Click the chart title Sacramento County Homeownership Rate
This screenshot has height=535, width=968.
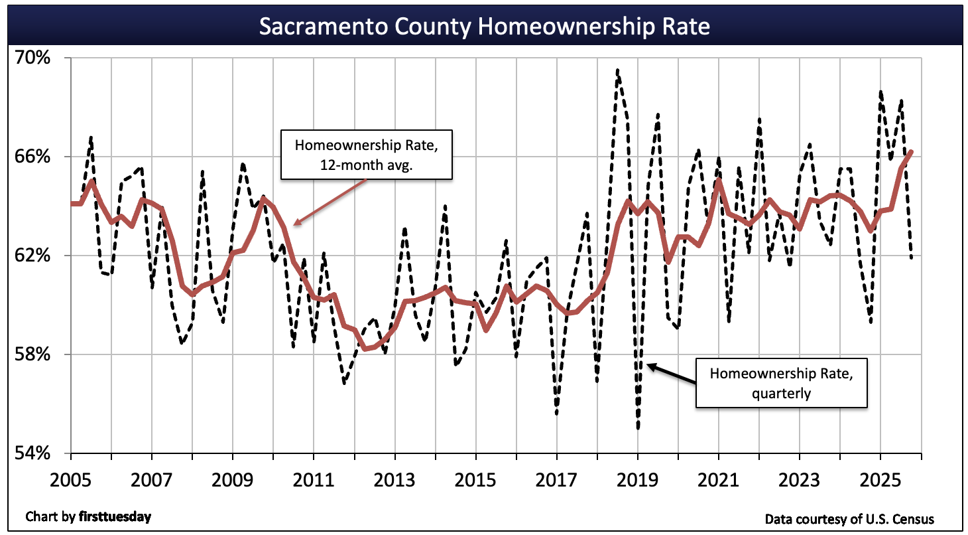pyautogui.click(x=484, y=27)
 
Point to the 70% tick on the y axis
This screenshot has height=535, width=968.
pyautogui.click(x=33, y=58)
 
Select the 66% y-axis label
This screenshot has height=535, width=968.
pyautogui.click(x=33, y=157)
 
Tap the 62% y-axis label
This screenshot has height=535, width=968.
pyautogui.click(x=33, y=256)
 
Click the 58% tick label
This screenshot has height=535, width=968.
pyautogui.click(x=33, y=354)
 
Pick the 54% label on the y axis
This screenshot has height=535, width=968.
pyautogui.click(x=33, y=453)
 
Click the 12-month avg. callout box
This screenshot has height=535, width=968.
pyautogui.click(x=367, y=155)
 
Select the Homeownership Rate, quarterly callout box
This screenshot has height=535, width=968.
pyautogui.click(x=781, y=383)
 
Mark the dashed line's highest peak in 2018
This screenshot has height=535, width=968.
pyautogui.click(x=617, y=70)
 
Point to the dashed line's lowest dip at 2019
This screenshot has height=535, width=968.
pyautogui.click(x=638, y=428)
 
